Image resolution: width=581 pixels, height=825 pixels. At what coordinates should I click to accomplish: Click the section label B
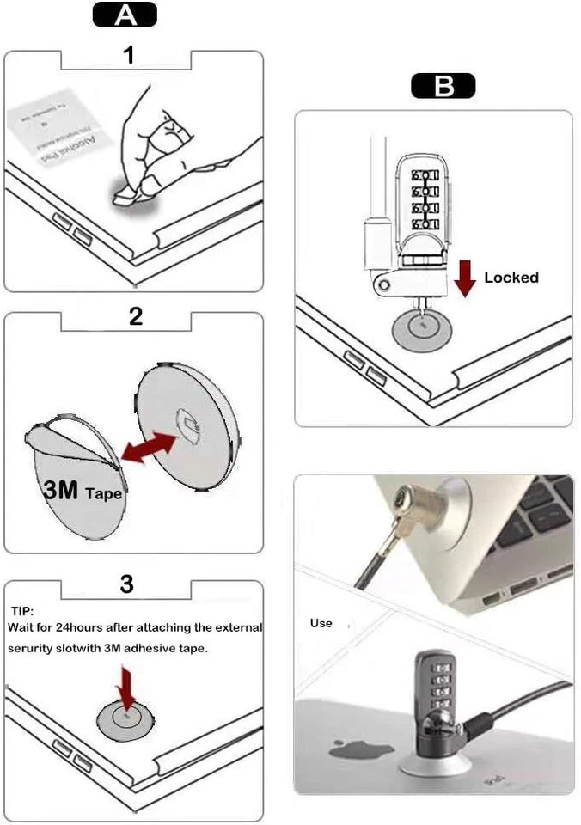[443, 86]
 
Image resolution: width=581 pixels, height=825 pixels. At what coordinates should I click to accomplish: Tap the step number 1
[129, 57]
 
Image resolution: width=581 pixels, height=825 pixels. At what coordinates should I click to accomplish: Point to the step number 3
[126, 584]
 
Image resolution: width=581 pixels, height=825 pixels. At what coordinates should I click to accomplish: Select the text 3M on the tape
[61, 491]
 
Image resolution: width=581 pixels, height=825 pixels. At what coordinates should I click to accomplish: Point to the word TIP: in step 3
[21, 611]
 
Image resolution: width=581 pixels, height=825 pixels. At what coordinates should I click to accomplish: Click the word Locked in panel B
[511, 278]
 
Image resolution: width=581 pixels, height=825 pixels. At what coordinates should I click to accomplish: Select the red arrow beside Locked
[464, 278]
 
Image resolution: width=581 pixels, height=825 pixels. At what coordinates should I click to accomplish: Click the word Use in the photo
[321, 623]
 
